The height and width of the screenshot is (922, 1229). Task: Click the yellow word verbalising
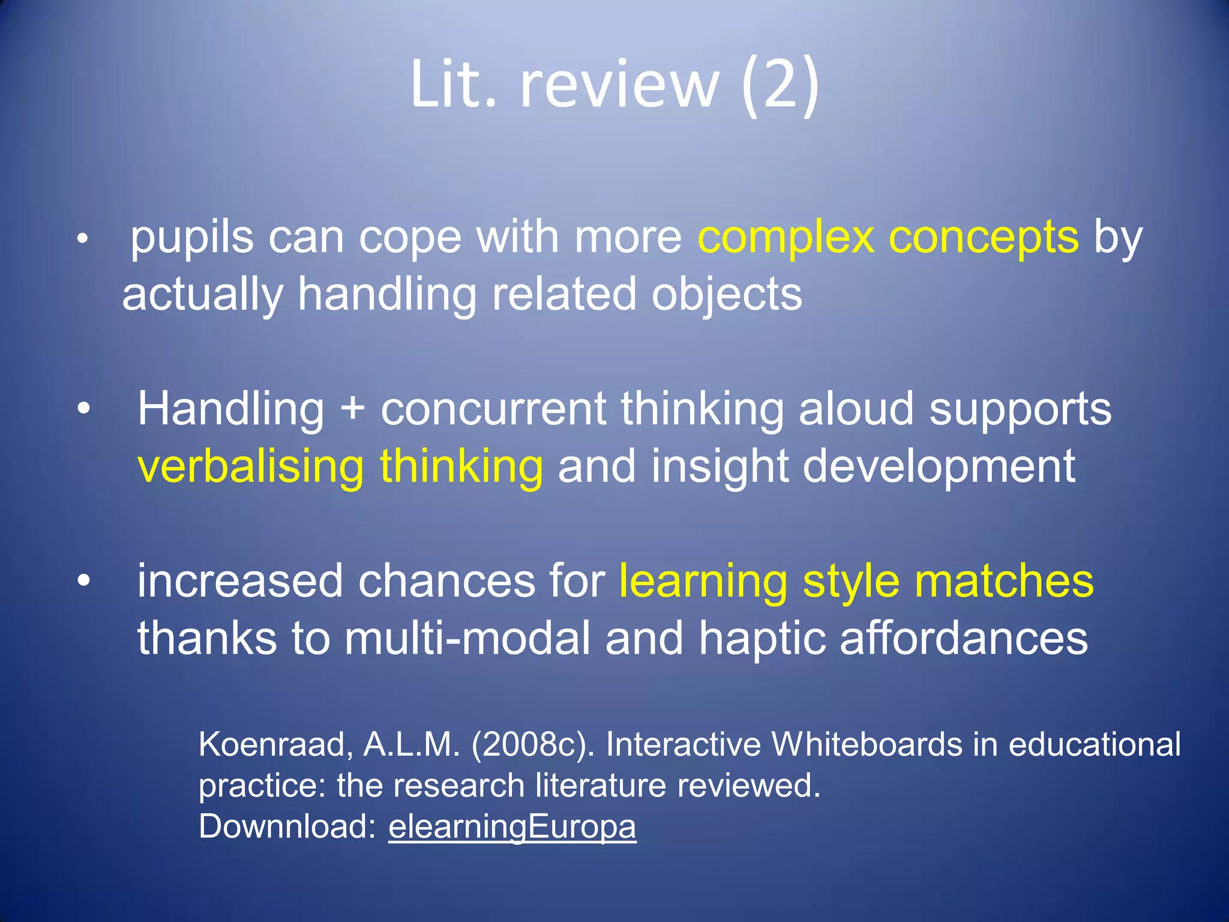(x=250, y=466)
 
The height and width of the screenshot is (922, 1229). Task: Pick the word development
(x=939, y=466)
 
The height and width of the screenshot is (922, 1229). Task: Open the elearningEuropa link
(x=512, y=827)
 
